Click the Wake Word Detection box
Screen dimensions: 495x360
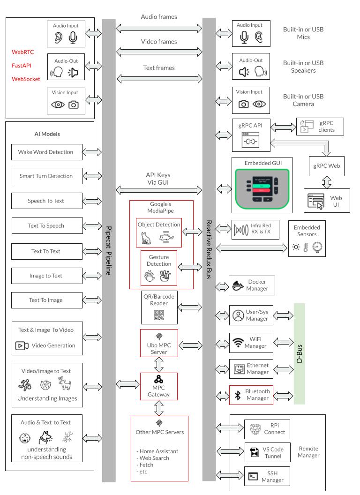tap(46, 152)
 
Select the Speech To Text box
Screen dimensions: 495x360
tap(46, 201)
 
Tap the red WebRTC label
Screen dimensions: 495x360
tap(22, 52)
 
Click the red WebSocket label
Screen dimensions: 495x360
tap(26, 79)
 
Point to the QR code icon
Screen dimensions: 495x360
tap(159, 315)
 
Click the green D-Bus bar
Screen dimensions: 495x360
tap(299, 353)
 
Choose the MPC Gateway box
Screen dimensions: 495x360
tap(159, 386)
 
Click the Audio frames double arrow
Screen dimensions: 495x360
tap(159, 29)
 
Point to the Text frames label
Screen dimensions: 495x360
tap(159, 68)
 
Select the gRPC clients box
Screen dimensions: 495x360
tap(320, 127)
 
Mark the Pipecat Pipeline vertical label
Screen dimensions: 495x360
tap(108, 251)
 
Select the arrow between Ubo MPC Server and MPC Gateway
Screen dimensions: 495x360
tap(159, 364)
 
